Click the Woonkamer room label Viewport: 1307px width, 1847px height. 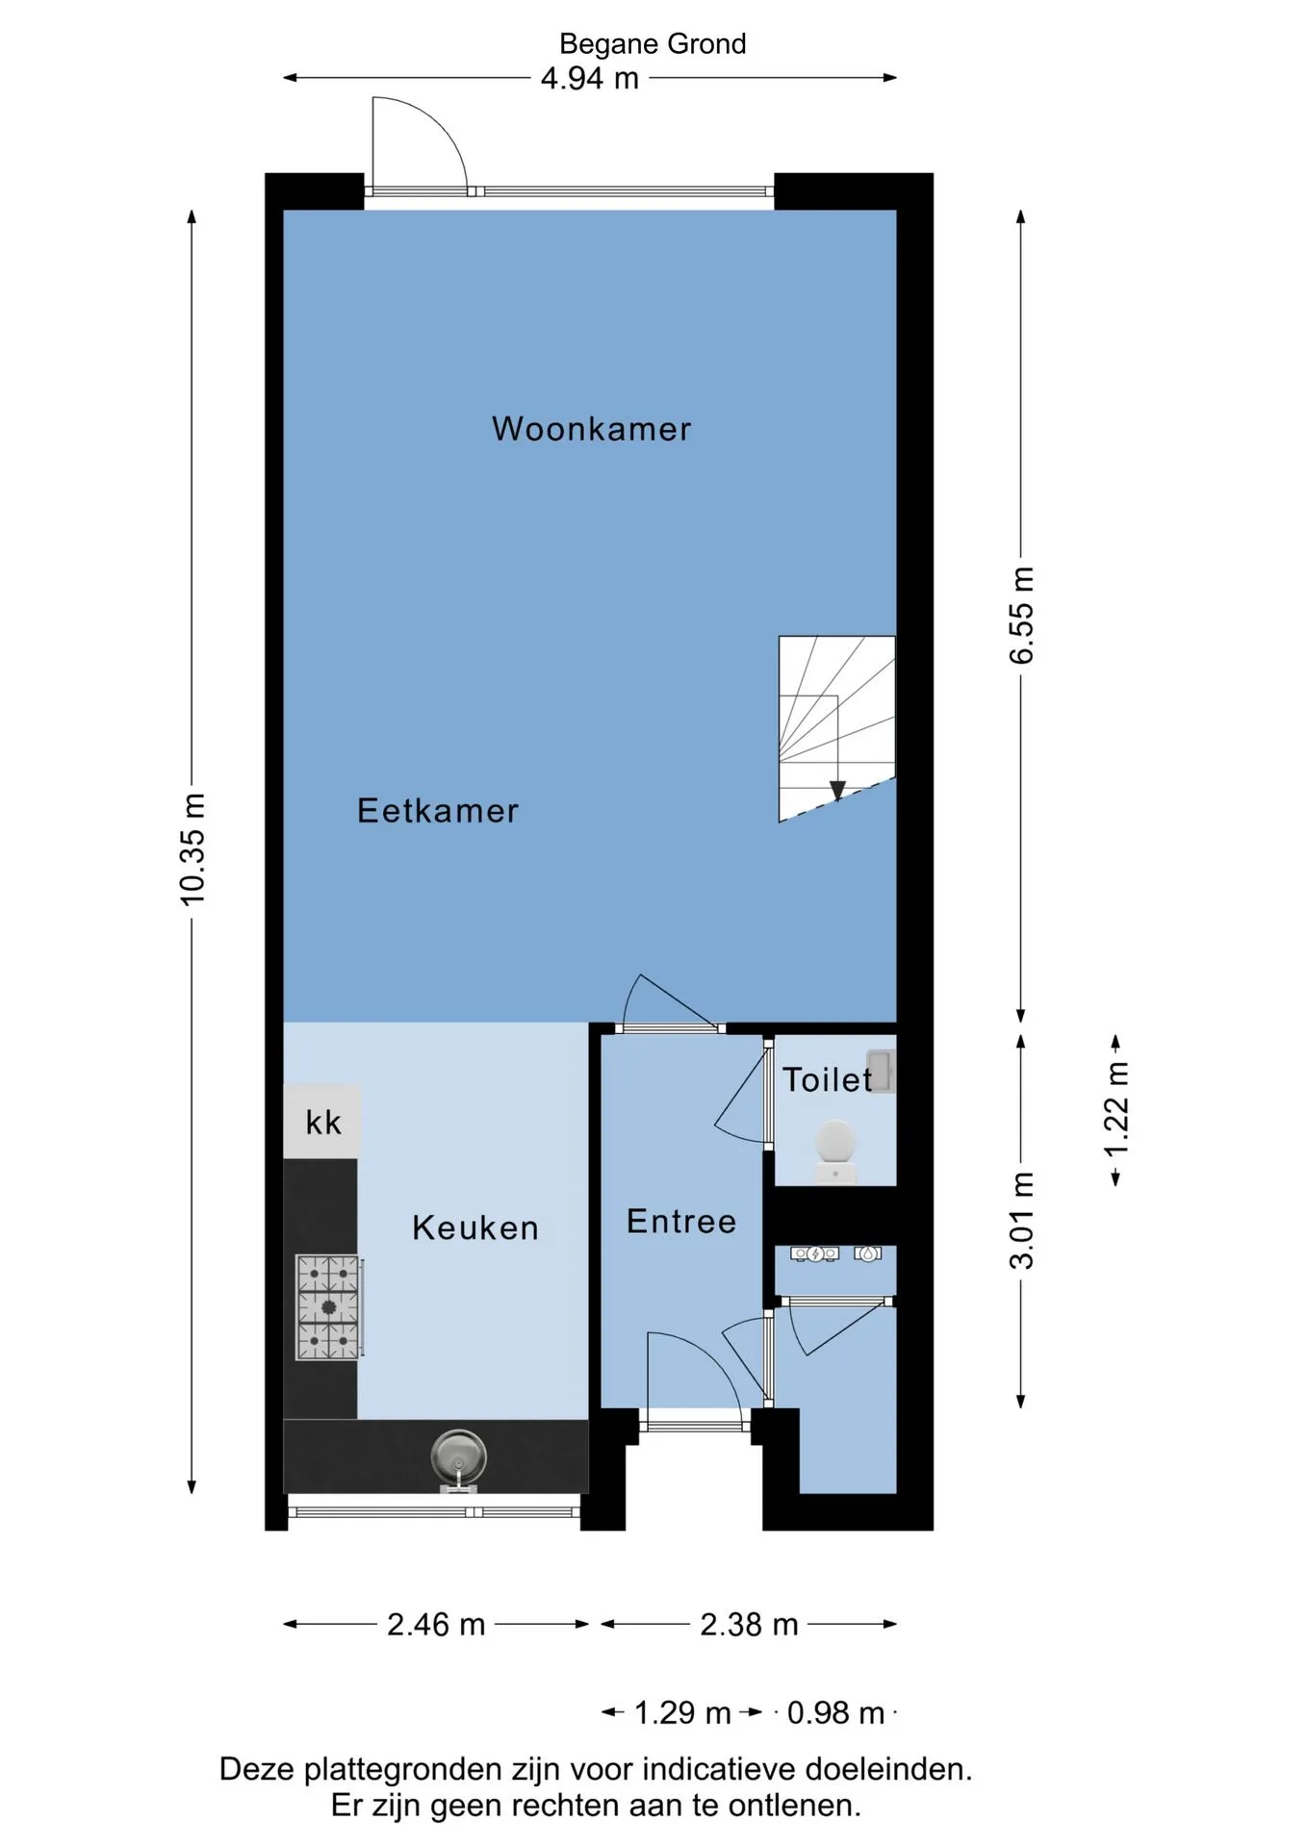pyautogui.click(x=591, y=429)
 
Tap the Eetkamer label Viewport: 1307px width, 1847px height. pyautogui.click(x=438, y=811)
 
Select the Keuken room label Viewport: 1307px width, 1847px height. pyautogui.click(x=475, y=1228)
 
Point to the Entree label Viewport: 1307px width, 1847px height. pyautogui.click(x=681, y=1222)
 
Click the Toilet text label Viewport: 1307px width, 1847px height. pyautogui.click(x=827, y=1079)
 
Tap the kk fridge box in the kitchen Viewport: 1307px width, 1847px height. pyautogui.click(x=322, y=1122)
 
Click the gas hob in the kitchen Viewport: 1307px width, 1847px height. pyautogui.click(x=328, y=1307)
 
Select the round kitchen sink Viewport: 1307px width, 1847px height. pyautogui.click(x=458, y=1456)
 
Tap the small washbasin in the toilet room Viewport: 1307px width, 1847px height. pyautogui.click(x=880, y=1071)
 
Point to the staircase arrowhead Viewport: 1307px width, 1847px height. pyautogui.click(x=837, y=791)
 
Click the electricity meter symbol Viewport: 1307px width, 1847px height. pyautogui.click(x=815, y=1253)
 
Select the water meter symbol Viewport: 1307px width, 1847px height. pyautogui.click(x=868, y=1253)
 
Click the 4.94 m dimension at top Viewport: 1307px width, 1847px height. pyautogui.click(x=590, y=78)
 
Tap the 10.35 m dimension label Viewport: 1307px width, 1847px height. pyautogui.click(x=193, y=849)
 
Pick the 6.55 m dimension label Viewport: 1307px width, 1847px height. pyautogui.click(x=1021, y=616)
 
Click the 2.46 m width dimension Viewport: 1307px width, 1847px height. pyautogui.click(x=436, y=1625)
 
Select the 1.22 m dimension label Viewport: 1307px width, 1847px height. pyautogui.click(x=1116, y=1110)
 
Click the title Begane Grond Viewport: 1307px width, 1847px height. pyautogui.click(x=653, y=44)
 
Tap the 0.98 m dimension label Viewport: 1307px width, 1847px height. pyautogui.click(x=835, y=1713)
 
